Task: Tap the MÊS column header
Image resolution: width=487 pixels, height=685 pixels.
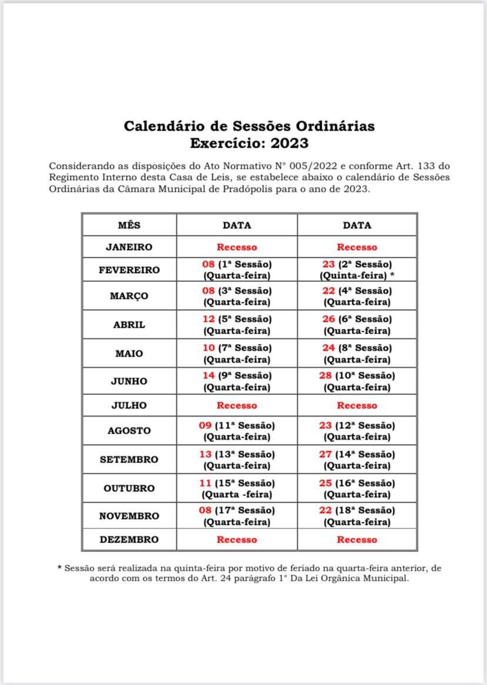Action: coord(129,225)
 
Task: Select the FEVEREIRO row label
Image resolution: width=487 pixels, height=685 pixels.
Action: coord(129,270)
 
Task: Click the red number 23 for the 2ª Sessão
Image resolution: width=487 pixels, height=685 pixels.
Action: coord(329,264)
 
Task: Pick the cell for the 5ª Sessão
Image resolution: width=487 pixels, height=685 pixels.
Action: coord(236,324)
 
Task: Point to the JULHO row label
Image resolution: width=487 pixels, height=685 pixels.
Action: coord(129,405)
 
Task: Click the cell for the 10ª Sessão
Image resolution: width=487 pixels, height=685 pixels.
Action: coord(357,381)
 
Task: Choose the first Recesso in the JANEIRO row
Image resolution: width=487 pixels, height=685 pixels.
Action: coord(236,247)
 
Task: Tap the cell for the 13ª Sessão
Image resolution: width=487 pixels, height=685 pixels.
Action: coord(236,460)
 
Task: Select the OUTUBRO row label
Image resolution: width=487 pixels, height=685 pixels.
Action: coord(129,488)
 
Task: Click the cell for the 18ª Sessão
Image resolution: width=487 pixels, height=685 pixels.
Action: coord(357,516)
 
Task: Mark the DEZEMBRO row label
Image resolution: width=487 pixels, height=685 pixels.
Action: coord(129,540)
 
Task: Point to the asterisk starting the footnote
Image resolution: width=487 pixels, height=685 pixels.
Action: coord(59,568)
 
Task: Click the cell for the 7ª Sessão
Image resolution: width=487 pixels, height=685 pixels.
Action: coord(236,354)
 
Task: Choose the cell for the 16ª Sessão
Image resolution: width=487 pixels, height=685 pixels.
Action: coord(357,488)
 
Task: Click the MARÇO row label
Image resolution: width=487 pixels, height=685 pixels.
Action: coord(129,296)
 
